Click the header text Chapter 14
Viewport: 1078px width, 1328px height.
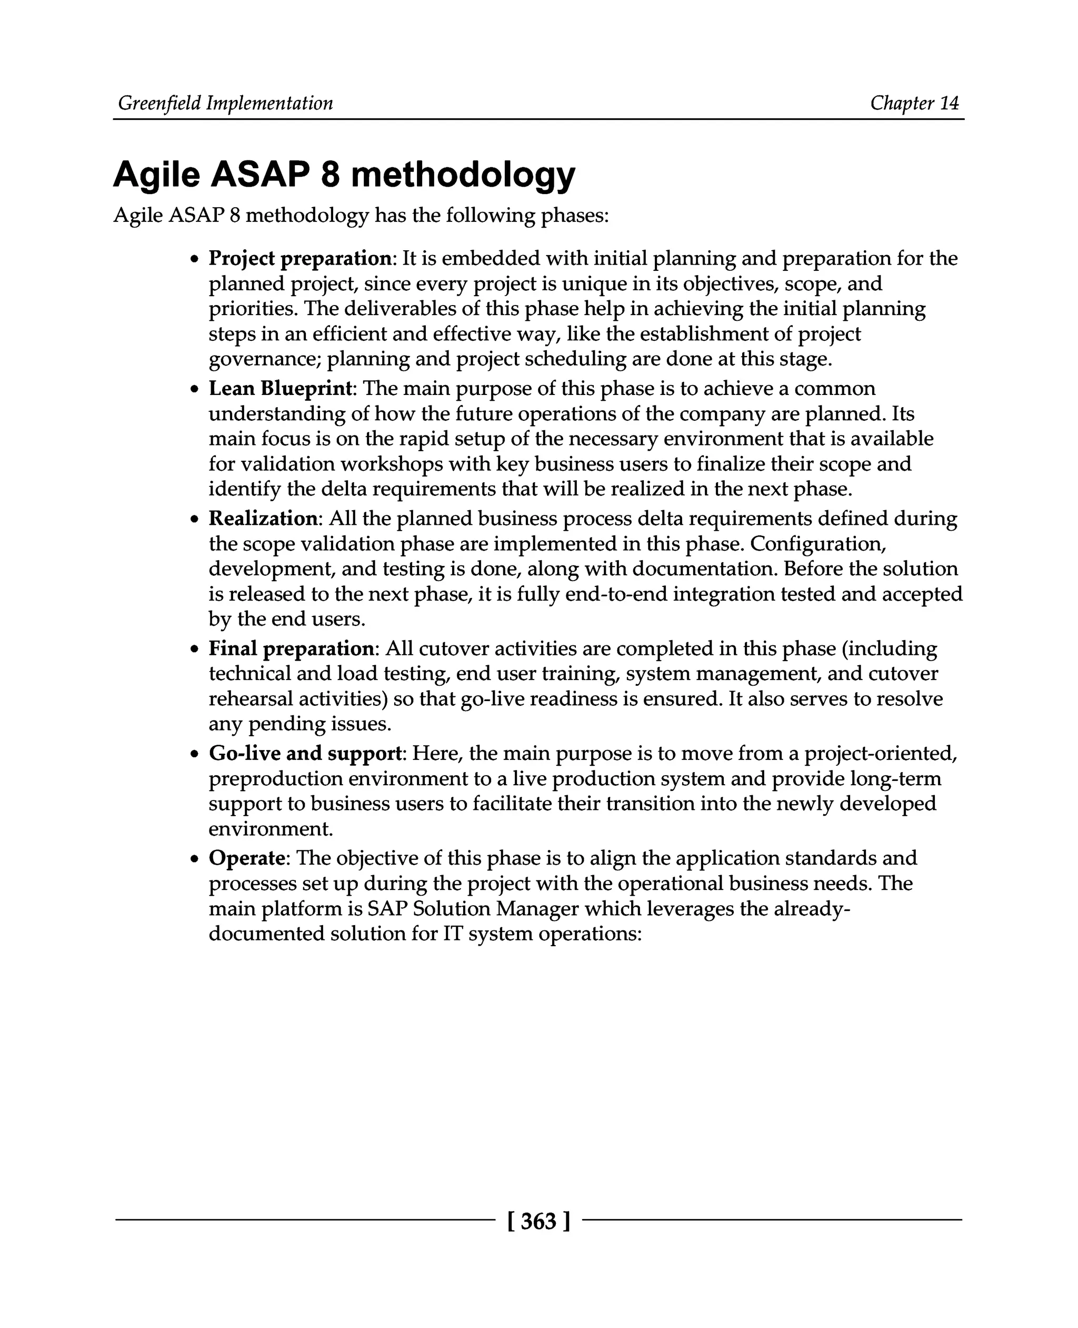[914, 103]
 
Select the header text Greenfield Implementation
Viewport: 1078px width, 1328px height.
[225, 103]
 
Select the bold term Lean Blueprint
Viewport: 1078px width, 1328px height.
[281, 389]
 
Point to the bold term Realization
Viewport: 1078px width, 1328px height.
[263, 518]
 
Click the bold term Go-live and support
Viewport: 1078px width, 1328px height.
[305, 753]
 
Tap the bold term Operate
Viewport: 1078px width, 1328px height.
[246, 858]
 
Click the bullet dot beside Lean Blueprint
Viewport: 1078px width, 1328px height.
[195, 390]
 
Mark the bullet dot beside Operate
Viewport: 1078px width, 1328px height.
[195, 859]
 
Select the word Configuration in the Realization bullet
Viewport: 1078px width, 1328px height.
[818, 544]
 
